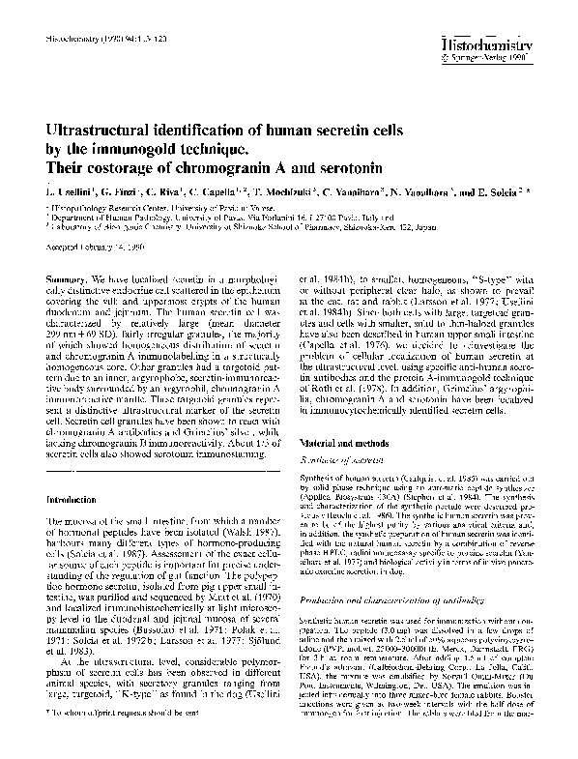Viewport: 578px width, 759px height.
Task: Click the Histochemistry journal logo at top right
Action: pos(513,44)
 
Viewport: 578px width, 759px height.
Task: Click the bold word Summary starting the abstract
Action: pos(68,277)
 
